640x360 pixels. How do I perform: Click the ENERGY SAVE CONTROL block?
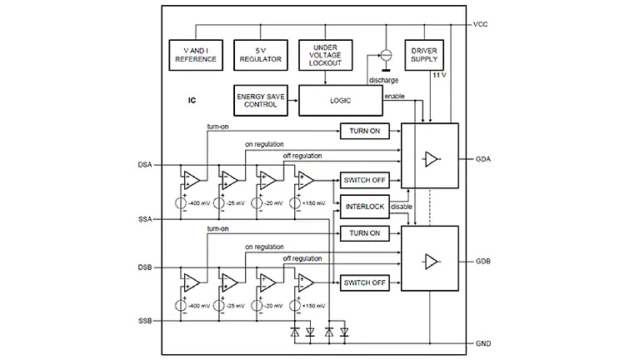pyautogui.click(x=261, y=102)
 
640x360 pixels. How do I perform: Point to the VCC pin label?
pyautogui.click(x=480, y=25)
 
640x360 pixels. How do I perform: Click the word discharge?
pyautogui.click(x=382, y=80)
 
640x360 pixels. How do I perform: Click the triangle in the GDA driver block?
pyautogui.click(x=431, y=157)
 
